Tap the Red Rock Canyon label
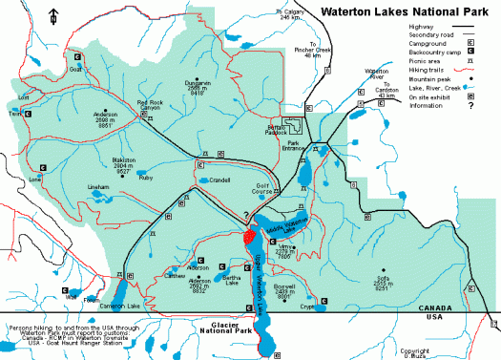tap(150, 105)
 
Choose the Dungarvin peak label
tap(198, 89)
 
